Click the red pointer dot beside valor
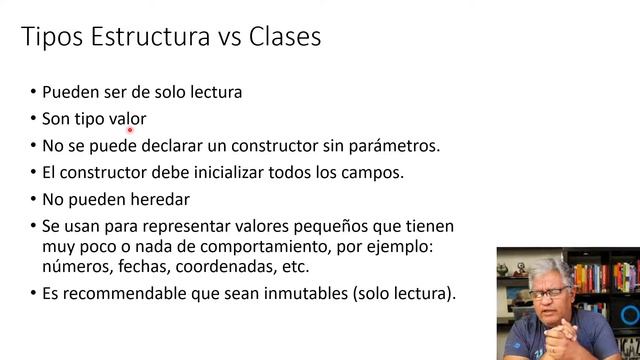pyautogui.click(x=131, y=128)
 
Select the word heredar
pyautogui.click(x=159, y=198)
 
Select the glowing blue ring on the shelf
pyautogui.click(x=629, y=314)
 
